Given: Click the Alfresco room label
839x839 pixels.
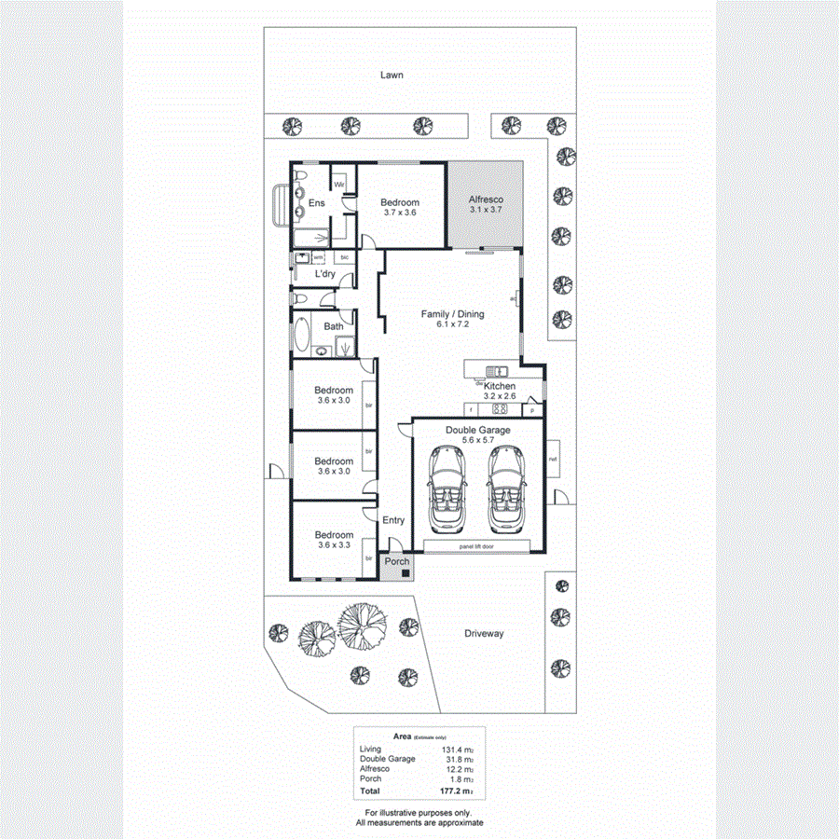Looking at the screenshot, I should pos(484,199).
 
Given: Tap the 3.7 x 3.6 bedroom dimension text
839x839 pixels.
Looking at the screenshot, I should pos(399,213).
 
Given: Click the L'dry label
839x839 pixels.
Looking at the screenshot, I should pos(324,274).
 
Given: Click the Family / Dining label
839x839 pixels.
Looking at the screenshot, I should pos(452,314).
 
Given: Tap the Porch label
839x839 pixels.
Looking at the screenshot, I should pos(397,561).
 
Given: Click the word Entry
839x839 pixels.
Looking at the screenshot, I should pos(393,521).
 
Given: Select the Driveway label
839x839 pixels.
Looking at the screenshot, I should pos(484,633).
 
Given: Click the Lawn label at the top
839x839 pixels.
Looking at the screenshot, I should pos(392,75).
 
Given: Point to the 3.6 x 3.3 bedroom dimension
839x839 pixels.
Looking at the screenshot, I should pos(333,545).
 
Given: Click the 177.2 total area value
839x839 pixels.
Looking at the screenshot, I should pos(456,791).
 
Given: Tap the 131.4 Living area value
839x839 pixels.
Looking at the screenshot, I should pos(454,750).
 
